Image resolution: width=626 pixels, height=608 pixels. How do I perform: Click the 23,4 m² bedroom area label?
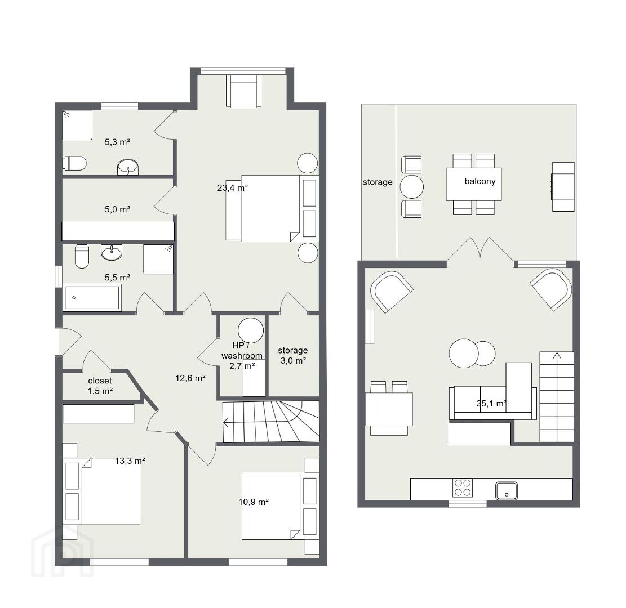[232, 187]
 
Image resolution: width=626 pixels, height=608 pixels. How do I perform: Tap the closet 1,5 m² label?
[100, 386]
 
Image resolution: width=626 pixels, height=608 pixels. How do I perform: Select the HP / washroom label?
[242, 350]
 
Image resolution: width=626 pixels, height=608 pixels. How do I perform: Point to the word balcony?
[480, 181]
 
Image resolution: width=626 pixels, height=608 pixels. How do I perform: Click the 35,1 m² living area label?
[491, 403]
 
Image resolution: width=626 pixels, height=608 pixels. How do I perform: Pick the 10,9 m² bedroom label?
[254, 502]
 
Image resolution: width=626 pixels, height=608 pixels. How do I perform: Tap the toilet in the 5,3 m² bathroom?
[74, 163]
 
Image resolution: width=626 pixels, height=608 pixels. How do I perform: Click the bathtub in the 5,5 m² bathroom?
[92, 297]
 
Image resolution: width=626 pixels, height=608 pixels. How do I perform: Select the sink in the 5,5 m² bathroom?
[112, 252]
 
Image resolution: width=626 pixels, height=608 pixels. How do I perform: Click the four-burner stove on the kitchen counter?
[463, 488]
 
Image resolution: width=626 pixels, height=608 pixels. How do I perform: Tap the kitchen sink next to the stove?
[507, 491]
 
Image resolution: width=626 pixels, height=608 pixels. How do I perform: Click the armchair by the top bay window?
[243, 91]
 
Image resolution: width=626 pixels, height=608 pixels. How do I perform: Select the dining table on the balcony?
[474, 184]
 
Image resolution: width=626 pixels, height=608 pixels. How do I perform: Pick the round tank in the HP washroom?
[251, 330]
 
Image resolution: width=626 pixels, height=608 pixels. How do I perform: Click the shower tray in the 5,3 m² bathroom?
[77, 125]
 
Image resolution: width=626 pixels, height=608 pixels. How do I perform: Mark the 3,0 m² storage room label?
[292, 355]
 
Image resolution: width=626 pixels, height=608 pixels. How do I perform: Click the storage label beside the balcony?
[378, 182]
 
